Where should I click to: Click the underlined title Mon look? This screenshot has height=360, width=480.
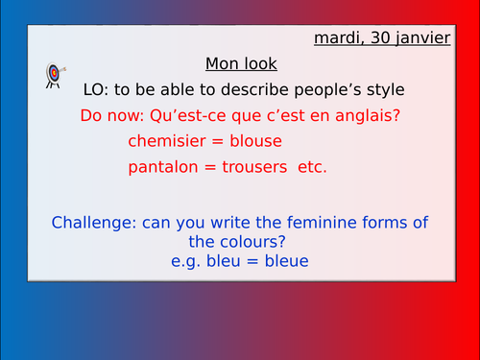click(241, 64)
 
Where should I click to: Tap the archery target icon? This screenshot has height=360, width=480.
click(54, 74)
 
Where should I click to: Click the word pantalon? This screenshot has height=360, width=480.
click(160, 167)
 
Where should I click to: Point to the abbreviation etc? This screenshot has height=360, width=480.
click(312, 167)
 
